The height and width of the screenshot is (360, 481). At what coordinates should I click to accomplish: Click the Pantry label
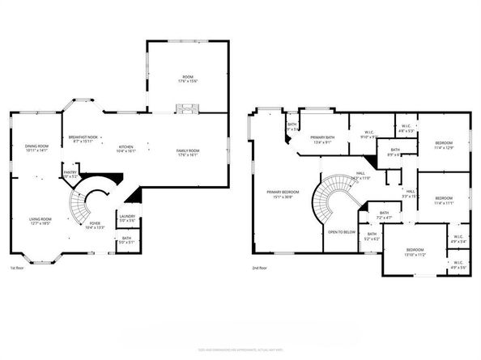[70, 173]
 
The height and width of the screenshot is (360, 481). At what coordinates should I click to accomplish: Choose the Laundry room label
[127, 218]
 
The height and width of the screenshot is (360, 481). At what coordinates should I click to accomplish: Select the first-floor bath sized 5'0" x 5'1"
[127, 239]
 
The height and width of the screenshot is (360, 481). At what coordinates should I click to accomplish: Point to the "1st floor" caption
[17, 268]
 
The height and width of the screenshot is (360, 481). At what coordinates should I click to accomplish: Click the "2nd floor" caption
[260, 268]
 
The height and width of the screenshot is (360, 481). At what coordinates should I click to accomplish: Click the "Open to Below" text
[342, 231]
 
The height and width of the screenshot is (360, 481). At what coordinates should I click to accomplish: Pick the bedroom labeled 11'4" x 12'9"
[443, 146]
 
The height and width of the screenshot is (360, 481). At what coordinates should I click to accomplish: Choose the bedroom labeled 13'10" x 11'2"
[415, 252]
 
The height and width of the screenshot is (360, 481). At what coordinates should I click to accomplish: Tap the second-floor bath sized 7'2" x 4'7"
[385, 217]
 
